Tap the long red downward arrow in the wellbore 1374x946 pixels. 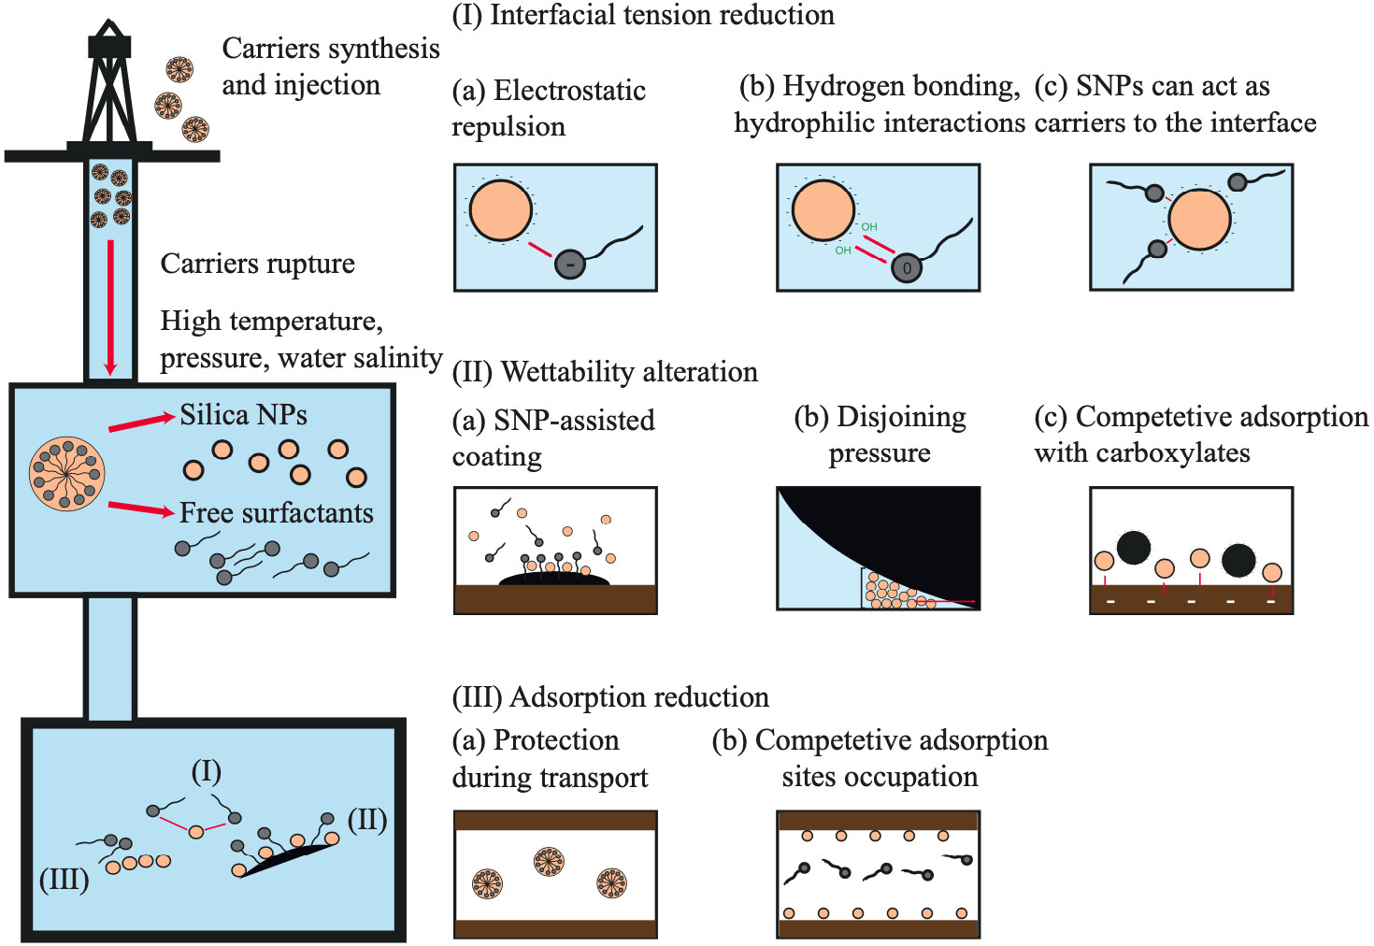pos(110,308)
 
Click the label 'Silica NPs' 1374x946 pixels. pos(243,415)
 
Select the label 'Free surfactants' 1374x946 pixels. pos(276,512)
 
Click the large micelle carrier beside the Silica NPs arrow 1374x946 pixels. pos(67,474)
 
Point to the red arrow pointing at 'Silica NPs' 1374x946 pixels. pos(142,423)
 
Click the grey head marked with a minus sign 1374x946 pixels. pos(570,265)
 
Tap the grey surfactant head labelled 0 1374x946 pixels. pos(907,267)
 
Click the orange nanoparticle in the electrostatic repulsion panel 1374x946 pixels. pos(501,211)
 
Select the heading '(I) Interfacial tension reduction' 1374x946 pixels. pos(643,15)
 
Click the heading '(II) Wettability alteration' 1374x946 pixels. pos(605,372)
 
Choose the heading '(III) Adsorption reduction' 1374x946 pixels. pos(610,697)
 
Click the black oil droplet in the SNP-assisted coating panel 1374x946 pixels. pos(554,579)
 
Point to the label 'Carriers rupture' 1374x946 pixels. pos(258,264)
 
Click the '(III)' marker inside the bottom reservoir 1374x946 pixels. pos(64,880)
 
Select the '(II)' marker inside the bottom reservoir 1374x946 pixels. pos(367,820)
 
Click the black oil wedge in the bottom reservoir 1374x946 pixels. pos(288,860)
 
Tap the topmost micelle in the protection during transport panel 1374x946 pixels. pos(549,862)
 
